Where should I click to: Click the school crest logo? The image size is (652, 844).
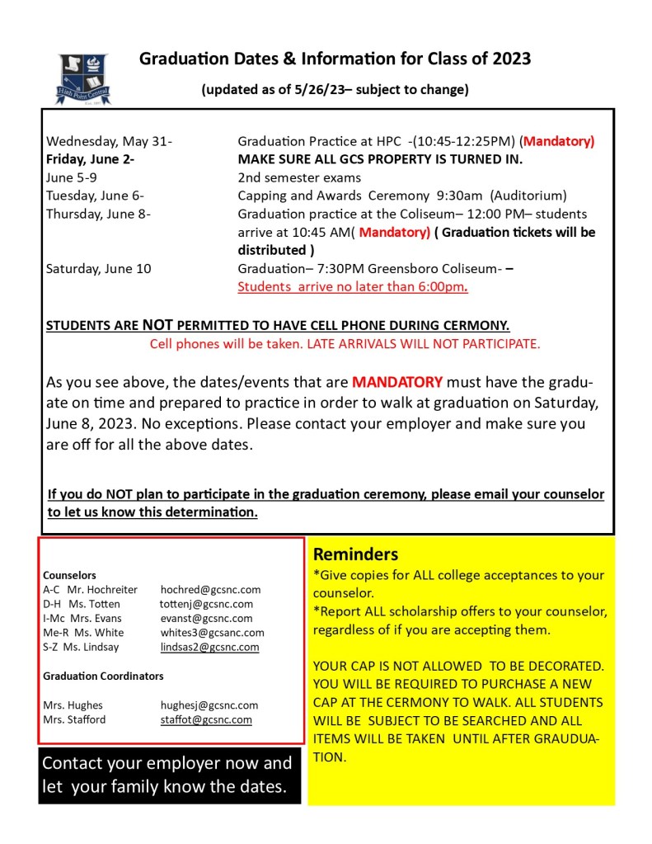pyautogui.click(x=82, y=78)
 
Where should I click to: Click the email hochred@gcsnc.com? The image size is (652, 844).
pyautogui.click(x=210, y=590)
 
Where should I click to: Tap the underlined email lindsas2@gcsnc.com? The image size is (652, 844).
pyautogui.click(x=209, y=647)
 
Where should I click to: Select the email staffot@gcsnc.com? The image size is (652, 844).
pyautogui.click(x=206, y=719)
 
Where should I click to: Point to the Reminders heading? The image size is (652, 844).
pyautogui.click(x=355, y=554)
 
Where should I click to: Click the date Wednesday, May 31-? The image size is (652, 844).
pyautogui.click(x=109, y=141)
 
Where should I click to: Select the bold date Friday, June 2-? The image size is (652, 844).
pyautogui.click(x=91, y=159)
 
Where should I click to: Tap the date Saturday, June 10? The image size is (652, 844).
pyautogui.click(x=99, y=268)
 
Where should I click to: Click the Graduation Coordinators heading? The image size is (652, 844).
pyautogui.click(x=103, y=676)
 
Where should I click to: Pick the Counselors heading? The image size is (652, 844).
pyautogui.click(x=69, y=575)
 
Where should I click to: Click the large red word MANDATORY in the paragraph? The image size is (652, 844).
pyautogui.click(x=397, y=382)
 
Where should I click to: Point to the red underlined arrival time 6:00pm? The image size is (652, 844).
pyautogui.click(x=442, y=287)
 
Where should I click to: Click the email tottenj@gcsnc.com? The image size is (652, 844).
pyautogui.click(x=206, y=604)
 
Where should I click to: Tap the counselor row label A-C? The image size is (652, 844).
pyautogui.click(x=52, y=590)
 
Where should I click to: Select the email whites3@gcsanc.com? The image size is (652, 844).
pyautogui.click(x=212, y=633)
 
